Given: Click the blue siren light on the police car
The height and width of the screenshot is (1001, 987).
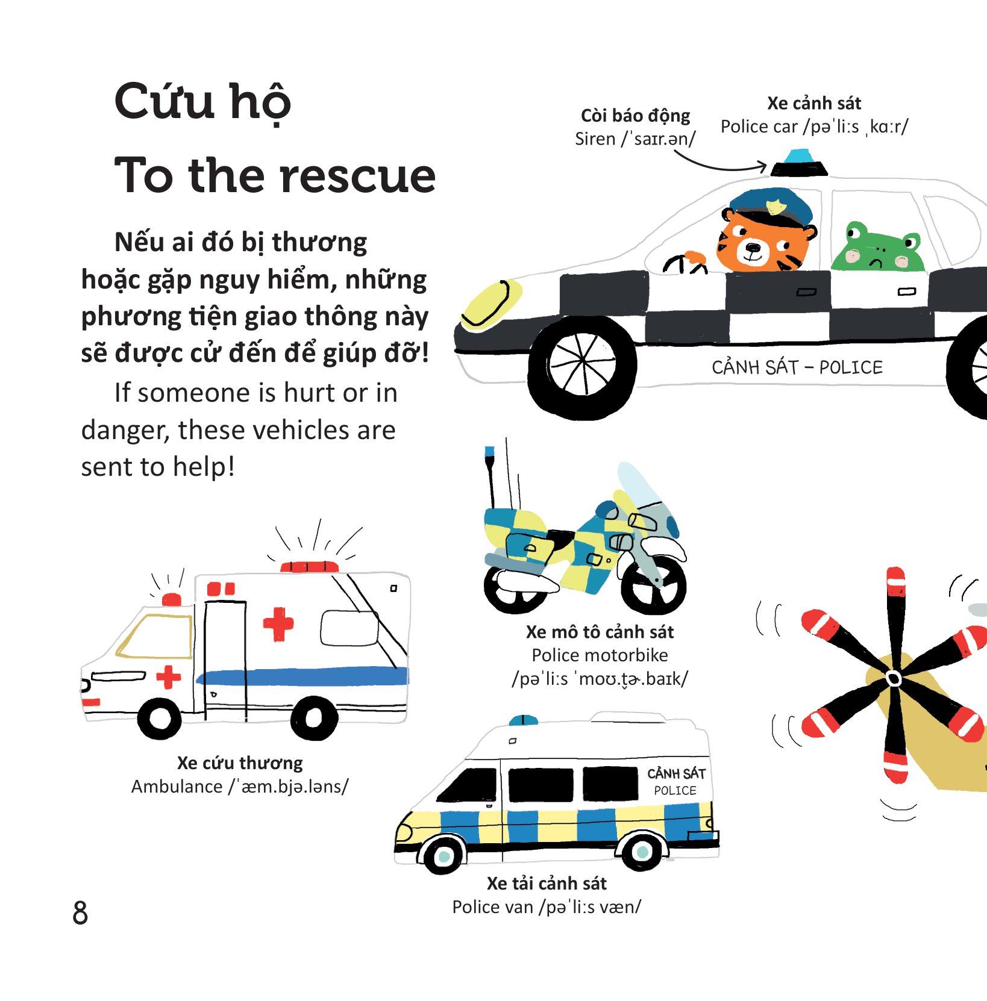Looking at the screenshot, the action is (x=800, y=156).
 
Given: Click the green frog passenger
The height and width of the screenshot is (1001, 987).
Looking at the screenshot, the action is (x=878, y=247).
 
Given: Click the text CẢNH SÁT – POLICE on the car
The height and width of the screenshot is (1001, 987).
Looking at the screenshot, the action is (x=797, y=367).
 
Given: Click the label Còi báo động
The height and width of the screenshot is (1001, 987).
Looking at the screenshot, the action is (x=635, y=116).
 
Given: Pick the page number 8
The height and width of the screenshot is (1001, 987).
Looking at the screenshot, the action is (x=80, y=912).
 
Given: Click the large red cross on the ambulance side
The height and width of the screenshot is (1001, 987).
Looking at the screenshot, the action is (x=278, y=624).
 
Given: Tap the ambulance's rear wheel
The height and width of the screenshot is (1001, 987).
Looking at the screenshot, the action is (x=314, y=717).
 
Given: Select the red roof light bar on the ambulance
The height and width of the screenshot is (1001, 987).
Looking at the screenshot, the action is (x=309, y=566).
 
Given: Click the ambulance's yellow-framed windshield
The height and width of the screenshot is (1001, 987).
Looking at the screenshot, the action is (x=155, y=636).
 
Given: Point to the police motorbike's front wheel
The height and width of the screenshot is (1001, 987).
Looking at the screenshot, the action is (x=653, y=584).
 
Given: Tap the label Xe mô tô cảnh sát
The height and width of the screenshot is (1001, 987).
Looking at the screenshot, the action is (x=600, y=632).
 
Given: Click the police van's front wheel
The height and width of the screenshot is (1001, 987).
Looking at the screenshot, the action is (x=444, y=855).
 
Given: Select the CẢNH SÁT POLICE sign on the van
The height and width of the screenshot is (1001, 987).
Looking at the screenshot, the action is (x=675, y=781).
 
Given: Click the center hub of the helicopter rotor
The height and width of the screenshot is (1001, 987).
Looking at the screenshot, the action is (x=894, y=679).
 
